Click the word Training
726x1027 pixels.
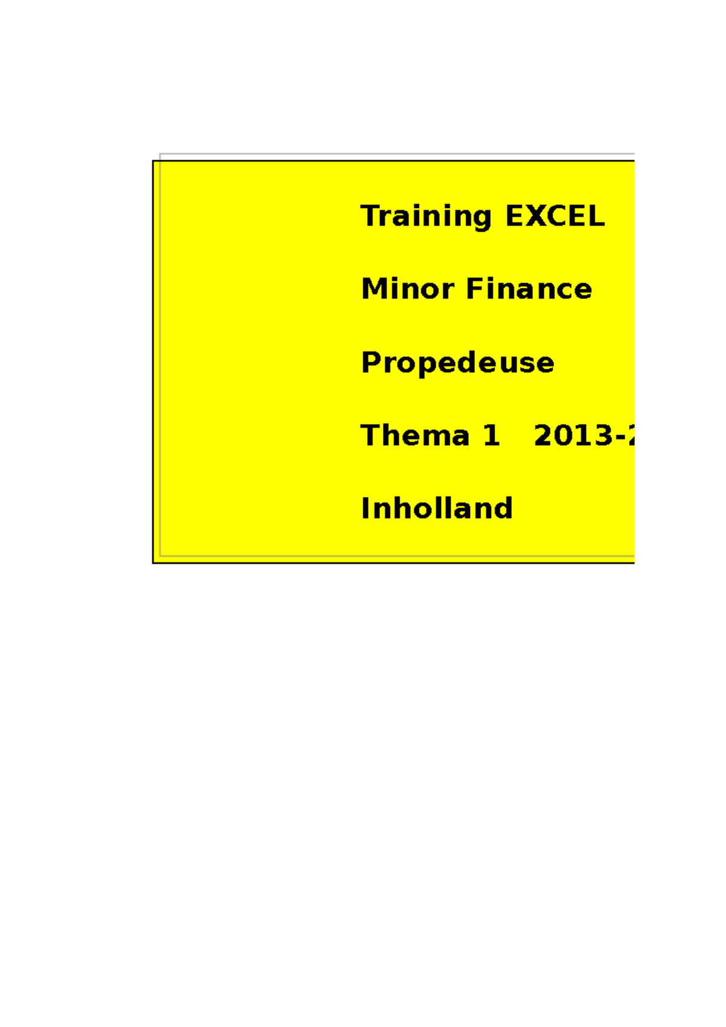click(426, 217)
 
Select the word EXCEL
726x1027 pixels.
click(555, 217)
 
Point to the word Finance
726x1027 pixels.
click(529, 289)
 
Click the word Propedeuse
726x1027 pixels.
click(457, 363)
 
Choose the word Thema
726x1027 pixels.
click(414, 435)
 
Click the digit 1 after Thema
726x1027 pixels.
click(491, 435)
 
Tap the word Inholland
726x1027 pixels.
click(436, 508)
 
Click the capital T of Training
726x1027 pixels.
click(370, 217)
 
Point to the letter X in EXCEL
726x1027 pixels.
click(534, 217)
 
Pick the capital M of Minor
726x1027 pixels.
click(374, 289)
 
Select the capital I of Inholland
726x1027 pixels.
click(365, 508)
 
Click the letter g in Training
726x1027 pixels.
click(482, 219)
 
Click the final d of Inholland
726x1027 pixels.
click(503, 508)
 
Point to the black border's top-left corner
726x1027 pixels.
click(153, 161)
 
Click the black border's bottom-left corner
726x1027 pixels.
click(153, 562)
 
